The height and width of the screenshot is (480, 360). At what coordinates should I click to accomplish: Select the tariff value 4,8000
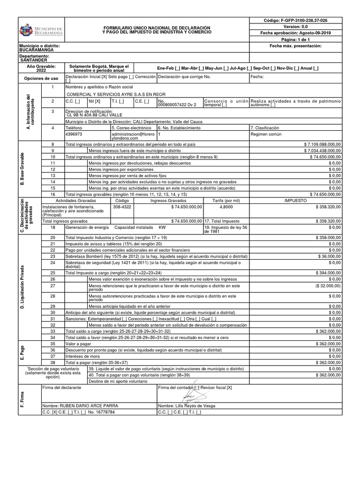click(226, 206)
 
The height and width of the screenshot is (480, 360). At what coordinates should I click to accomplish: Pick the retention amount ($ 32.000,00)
click(328, 285)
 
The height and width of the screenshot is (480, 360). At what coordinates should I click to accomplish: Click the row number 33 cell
click(53, 331)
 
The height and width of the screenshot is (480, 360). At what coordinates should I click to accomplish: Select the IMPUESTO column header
click(295, 200)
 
